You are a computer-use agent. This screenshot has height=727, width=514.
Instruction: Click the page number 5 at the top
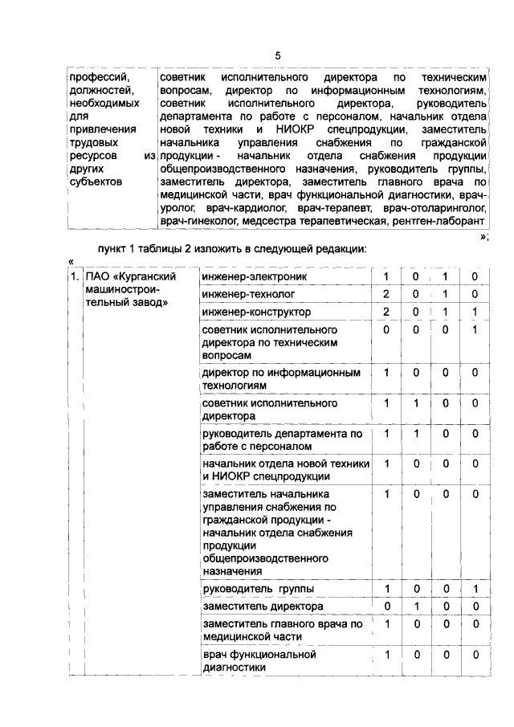point(277,55)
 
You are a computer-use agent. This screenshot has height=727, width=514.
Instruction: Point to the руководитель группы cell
point(247,589)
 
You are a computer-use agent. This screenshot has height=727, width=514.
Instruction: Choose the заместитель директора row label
point(251,606)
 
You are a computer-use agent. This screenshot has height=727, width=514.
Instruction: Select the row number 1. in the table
point(74,277)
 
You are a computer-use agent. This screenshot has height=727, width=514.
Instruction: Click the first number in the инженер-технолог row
point(387,294)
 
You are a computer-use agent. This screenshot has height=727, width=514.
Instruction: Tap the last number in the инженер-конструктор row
point(475,311)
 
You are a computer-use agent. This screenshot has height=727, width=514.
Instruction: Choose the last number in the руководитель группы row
point(475,589)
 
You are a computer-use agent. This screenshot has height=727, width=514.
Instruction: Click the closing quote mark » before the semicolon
point(483,236)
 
